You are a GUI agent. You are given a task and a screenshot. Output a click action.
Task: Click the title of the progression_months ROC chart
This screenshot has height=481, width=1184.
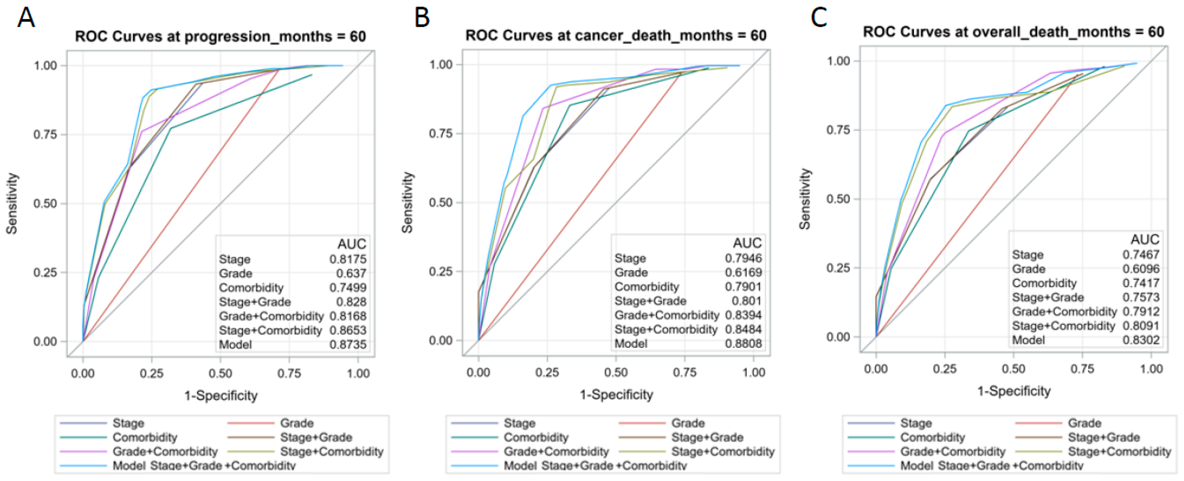click(221, 36)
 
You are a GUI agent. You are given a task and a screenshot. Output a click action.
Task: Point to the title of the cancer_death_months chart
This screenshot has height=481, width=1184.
click(616, 35)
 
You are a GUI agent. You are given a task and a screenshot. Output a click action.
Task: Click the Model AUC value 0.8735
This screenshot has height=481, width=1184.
click(348, 344)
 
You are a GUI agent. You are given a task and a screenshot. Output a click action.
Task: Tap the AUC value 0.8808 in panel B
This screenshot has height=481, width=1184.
click(743, 344)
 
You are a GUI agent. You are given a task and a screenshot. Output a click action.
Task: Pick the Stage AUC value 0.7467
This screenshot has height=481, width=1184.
click(1141, 254)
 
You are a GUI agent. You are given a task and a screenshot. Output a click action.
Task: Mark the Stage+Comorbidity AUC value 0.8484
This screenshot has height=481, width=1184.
click(743, 329)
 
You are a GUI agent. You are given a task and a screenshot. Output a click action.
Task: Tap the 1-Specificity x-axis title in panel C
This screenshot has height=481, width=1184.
click(1014, 391)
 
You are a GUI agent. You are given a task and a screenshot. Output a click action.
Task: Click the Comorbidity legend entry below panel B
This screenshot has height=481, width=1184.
click(536, 437)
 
